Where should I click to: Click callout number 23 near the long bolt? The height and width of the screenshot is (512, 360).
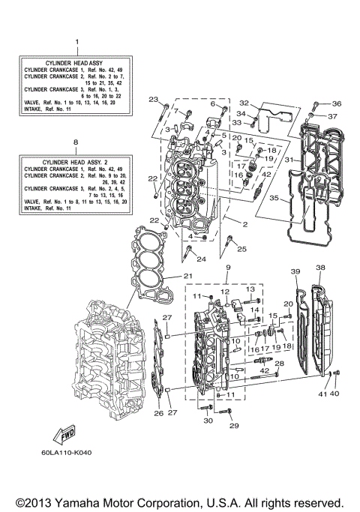click(153, 100)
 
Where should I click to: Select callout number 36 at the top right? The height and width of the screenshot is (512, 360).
click(337, 103)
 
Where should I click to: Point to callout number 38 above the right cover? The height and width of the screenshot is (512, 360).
click(320, 268)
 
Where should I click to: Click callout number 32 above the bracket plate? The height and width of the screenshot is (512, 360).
click(244, 103)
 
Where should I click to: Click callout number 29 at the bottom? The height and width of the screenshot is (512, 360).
click(233, 426)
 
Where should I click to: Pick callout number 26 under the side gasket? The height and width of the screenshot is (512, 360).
click(158, 413)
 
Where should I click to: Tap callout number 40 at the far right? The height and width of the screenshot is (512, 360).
click(334, 394)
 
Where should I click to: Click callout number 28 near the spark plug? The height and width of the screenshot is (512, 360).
click(280, 363)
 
